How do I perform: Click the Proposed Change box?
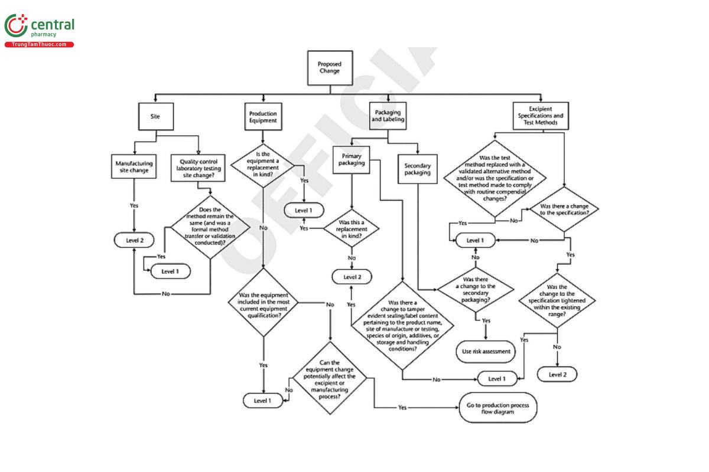coord(329,67)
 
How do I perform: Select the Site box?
coord(156,116)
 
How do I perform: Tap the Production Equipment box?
coord(263,116)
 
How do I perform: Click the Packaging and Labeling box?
coord(388,116)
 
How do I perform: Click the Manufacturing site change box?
coord(134,167)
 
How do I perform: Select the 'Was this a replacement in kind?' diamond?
coord(352,227)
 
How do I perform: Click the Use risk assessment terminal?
coord(485,352)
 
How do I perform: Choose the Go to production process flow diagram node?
coord(497,408)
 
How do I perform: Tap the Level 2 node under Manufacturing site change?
coord(134,240)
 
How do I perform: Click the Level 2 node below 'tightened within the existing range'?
coord(557,374)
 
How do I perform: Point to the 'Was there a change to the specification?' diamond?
coord(564,208)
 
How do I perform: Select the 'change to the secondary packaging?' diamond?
coord(476,289)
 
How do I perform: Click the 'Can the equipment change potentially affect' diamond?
coord(330,379)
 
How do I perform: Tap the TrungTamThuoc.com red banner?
coord(39,45)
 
